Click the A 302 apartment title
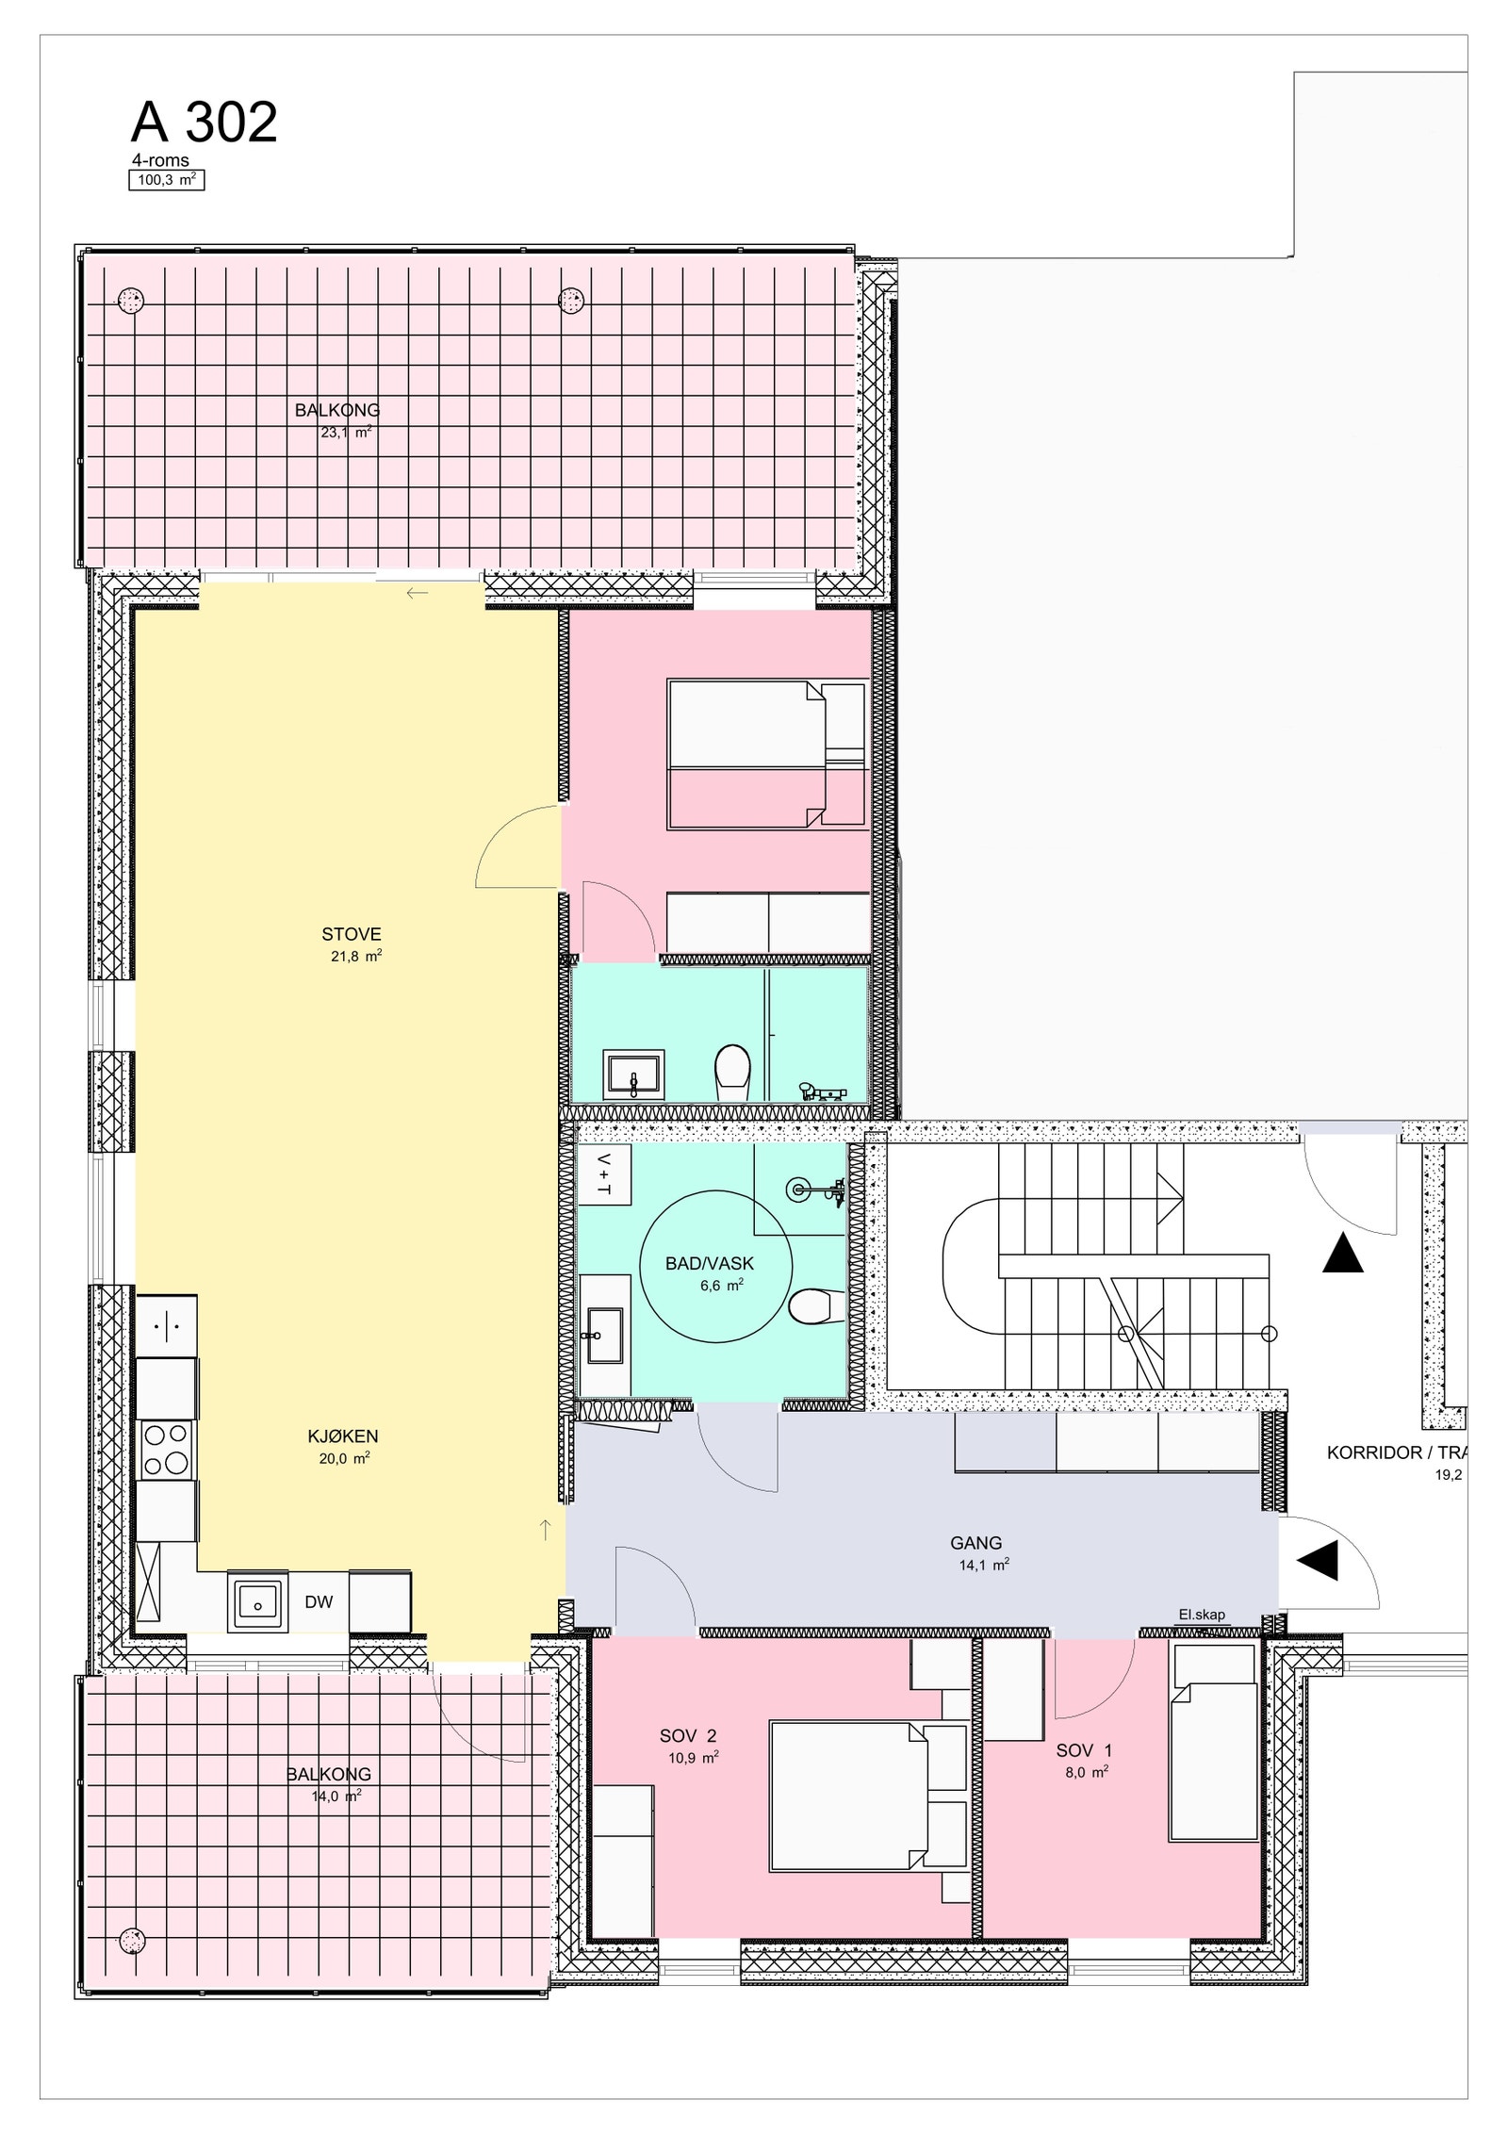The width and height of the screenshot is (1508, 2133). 204,123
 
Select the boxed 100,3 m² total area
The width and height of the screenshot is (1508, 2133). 167,180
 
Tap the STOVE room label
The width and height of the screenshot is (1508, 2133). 351,934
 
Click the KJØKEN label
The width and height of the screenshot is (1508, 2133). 343,1436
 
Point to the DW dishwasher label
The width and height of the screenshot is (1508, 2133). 319,1601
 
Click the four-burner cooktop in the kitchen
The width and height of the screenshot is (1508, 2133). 166,1450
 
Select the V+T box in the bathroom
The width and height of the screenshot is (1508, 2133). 603,1175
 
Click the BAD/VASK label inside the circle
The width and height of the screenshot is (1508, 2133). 709,1264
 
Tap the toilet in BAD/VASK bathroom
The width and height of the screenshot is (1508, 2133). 810,1305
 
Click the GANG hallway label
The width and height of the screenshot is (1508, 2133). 975,1543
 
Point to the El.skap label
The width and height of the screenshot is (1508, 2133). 1202,1615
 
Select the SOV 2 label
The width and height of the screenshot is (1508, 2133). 688,1736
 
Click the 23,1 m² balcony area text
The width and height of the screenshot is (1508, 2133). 346,433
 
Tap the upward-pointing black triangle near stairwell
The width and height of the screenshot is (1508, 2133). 1342,1255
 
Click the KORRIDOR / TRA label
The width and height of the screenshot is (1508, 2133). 1395,1452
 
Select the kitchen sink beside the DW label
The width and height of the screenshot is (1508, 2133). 256,1600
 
